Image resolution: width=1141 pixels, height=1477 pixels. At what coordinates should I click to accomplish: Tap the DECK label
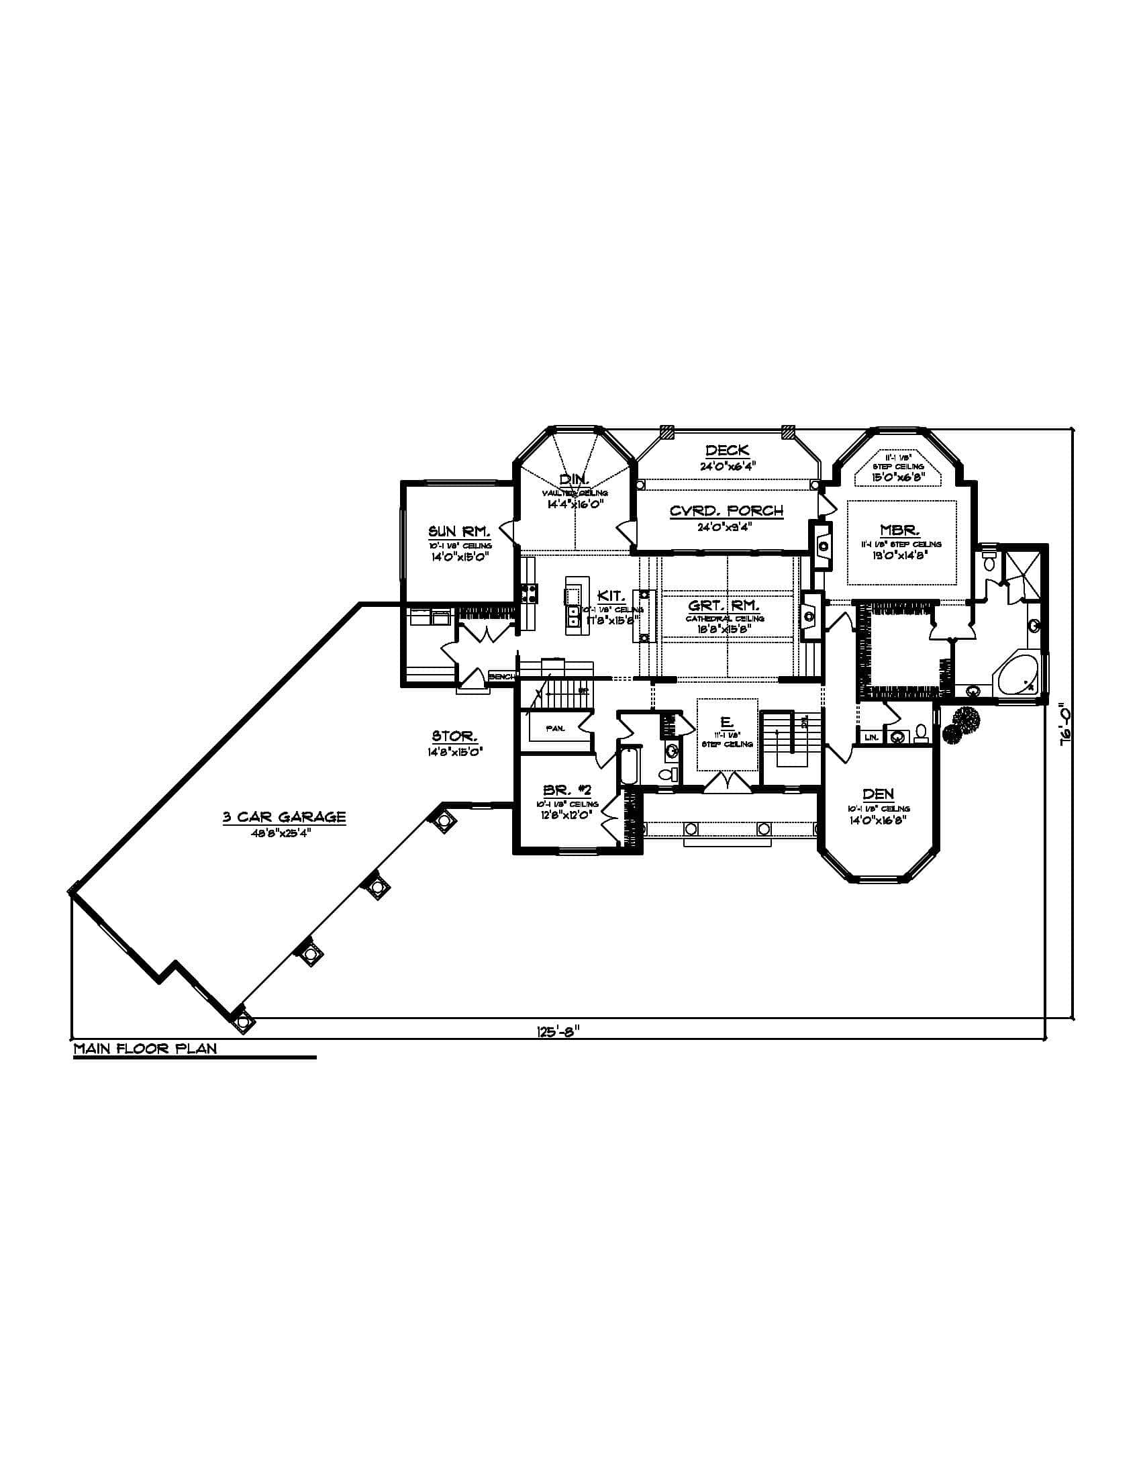click(x=727, y=450)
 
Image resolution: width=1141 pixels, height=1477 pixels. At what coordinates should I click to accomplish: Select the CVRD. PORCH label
click(x=727, y=511)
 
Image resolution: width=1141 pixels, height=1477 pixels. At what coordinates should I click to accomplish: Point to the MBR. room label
click(x=899, y=531)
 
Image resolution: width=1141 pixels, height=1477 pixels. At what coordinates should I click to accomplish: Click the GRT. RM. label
click(x=724, y=606)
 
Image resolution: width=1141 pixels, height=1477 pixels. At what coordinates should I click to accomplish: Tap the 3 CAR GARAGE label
click(x=285, y=817)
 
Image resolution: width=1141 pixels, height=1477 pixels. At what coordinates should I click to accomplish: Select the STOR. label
click(x=454, y=736)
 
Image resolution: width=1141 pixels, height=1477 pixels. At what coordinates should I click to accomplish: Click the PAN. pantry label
click(x=556, y=728)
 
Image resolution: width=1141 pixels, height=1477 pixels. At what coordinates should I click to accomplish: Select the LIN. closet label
click(x=871, y=737)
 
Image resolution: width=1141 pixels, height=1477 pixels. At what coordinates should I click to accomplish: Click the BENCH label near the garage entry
click(x=501, y=676)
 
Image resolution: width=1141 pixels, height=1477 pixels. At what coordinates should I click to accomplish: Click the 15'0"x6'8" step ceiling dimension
click(x=897, y=476)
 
